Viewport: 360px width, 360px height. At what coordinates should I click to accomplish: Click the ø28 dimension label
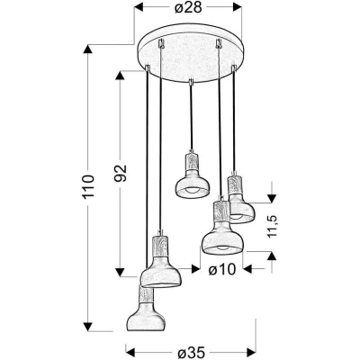point(188,8)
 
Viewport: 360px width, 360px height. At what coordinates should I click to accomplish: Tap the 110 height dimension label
point(88,186)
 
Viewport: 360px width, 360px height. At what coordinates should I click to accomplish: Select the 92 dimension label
point(121,173)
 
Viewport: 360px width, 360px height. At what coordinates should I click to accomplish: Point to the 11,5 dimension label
point(272,226)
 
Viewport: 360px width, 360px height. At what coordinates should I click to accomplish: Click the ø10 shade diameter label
point(222,270)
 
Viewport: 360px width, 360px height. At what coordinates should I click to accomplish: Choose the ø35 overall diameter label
point(191,352)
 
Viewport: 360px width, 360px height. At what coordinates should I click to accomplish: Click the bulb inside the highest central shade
point(192,191)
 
